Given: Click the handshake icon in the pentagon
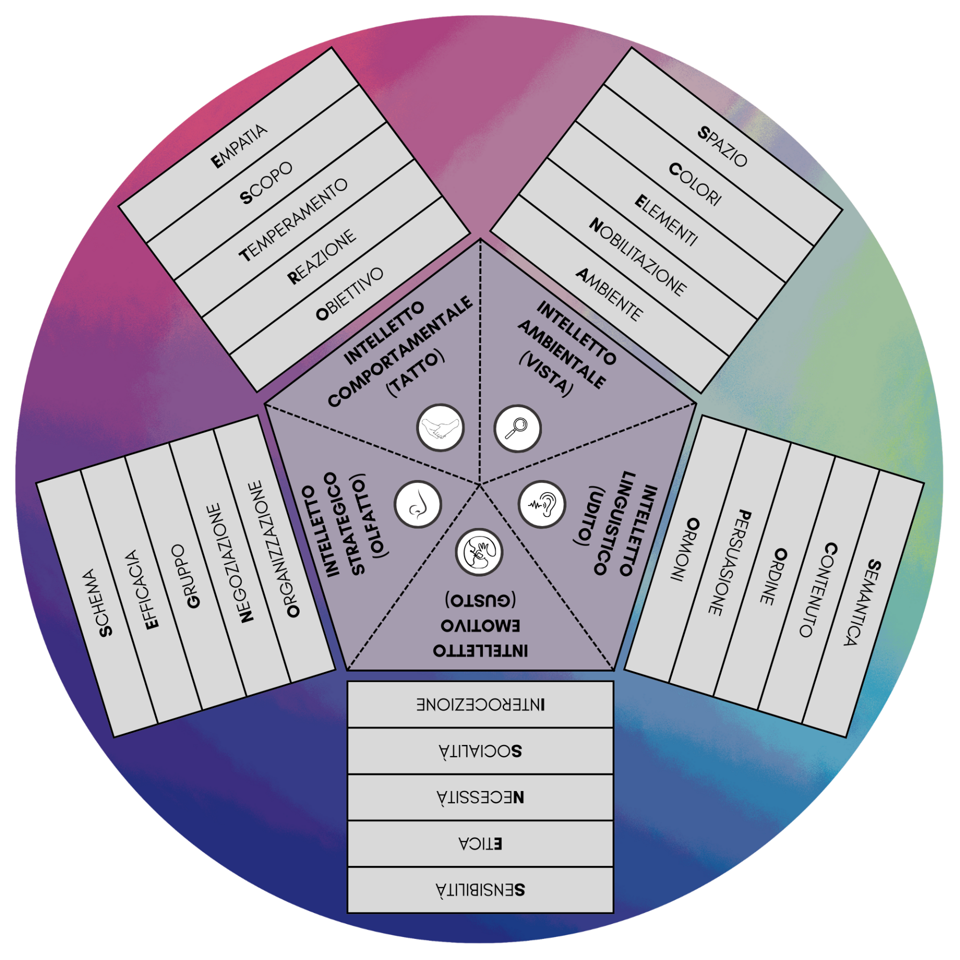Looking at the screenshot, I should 440,428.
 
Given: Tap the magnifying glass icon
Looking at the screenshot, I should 517,428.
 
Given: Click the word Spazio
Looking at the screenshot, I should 722,146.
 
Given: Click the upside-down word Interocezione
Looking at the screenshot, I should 480,705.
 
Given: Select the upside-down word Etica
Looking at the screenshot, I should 480,844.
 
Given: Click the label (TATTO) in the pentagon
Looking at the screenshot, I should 414,374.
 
